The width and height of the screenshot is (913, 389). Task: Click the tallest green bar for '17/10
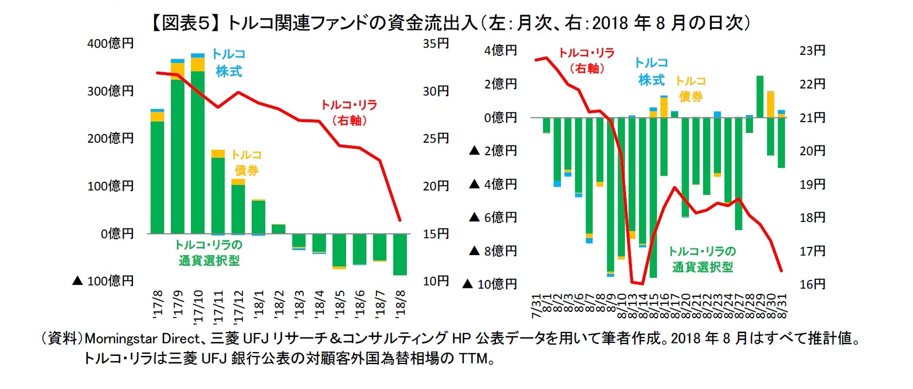click(x=198, y=152)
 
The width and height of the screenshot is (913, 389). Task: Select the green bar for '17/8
click(x=157, y=177)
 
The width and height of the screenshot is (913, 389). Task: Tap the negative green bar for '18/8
click(x=400, y=254)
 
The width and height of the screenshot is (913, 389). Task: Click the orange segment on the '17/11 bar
click(x=218, y=154)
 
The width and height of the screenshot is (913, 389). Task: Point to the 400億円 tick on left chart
click(x=111, y=43)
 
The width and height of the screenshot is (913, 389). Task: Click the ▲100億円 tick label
click(x=103, y=281)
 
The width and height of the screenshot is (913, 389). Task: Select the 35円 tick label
click(x=436, y=43)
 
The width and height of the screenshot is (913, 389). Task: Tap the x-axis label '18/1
click(x=259, y=304)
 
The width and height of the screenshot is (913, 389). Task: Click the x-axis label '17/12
click(x=239, y=306)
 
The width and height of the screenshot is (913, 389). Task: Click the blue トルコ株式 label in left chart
click(x=228, y=62)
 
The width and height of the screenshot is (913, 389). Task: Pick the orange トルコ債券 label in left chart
click(x=246, y=162)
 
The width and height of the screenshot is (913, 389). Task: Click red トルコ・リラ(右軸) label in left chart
click(x=349, y=112)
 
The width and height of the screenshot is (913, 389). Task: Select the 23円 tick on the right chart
click(x=812, y=50)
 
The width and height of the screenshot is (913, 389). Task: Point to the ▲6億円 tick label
click(x=493, y=218)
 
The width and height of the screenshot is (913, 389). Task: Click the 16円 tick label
click(x=812, y=284)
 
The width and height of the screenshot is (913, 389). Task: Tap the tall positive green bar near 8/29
click(x=760, y=97)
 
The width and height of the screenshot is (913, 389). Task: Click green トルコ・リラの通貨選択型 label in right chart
click(x=702, y=259)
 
